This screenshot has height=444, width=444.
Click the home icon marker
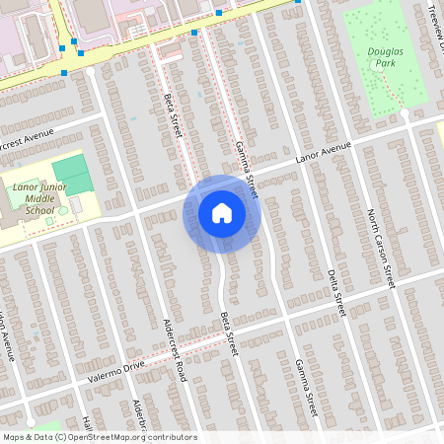pos(222,213)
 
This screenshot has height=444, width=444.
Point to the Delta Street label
pos(335,292)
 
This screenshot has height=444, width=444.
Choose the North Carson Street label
pos(381,248)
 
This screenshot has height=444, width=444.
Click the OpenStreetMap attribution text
pos(99,437)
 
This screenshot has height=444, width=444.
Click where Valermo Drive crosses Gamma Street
pos(287,318)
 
